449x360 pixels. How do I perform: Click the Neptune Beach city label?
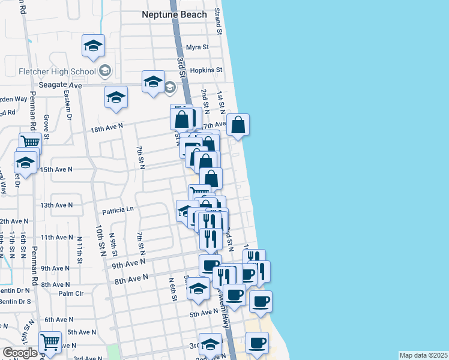(x=174, y=14)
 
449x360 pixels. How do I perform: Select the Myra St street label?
(x=197, y=47)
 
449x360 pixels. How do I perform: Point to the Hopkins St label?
(x=206, y=70)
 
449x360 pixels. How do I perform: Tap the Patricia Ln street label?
(x=118, y=211)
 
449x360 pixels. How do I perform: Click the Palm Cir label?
(x=71, y=293)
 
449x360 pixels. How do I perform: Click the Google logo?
(x=20, y=353)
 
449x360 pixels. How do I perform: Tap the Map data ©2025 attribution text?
(x=424, y=355)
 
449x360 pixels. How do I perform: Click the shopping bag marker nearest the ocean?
(x=238, y=125)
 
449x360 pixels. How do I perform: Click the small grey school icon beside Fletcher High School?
(x=105, y=71)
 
